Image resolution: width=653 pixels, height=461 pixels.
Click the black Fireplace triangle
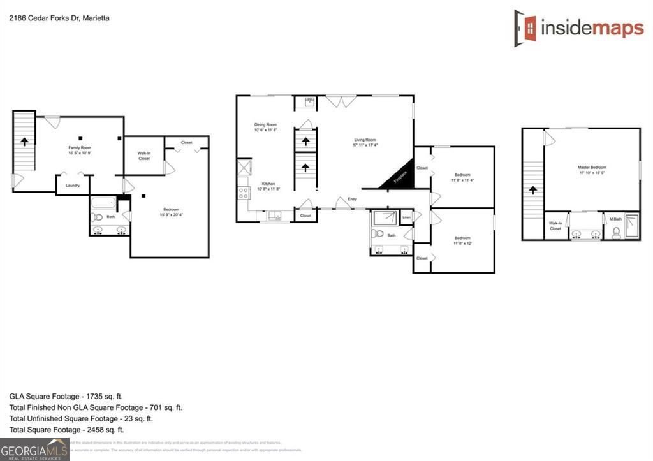[x=399, y=179]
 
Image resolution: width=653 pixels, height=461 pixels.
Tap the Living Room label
[x=366, y=142]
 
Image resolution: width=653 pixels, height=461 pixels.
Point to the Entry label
[x=353, y=199]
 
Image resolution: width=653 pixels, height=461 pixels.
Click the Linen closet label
[x=406, y=217]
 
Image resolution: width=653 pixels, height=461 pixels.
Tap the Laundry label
[x=73, y=186]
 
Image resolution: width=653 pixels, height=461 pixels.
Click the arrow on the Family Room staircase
[x=24, y=141]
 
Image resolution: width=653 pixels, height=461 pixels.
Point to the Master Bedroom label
[x=591, y=169]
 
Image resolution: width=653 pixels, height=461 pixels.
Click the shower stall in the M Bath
[x=631, y=226]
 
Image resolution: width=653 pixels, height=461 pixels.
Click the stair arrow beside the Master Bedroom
[x=533, y=191]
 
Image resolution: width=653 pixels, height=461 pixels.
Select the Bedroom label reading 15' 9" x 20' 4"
[x=171, y=212]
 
